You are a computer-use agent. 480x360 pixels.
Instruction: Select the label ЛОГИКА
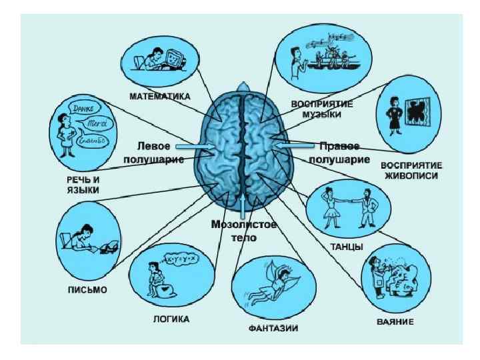(171, 319)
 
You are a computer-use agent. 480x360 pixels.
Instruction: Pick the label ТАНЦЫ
(346, 246)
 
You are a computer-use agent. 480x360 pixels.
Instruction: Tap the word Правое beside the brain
(339, 146)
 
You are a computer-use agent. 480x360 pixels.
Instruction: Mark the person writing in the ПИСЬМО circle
(85, 237)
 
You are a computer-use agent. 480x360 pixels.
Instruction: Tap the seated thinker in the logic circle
(161, 280)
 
